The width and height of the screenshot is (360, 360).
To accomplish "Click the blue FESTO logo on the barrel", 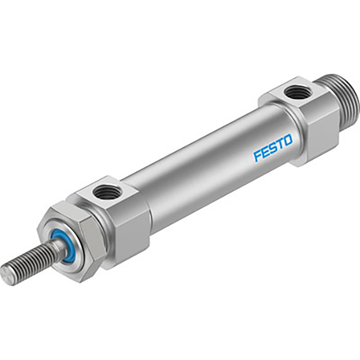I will pos(273,148).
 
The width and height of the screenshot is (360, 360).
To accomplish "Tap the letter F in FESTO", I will pos(257,155).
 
